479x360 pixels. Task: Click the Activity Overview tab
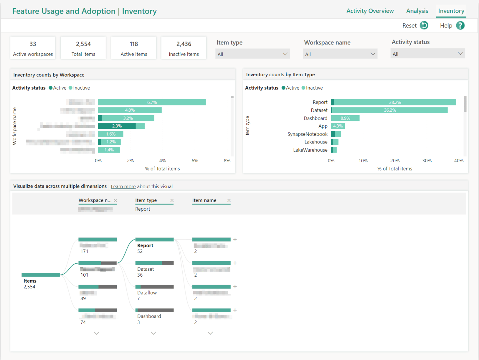pos(370,11)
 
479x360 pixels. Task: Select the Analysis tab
pos(417,11)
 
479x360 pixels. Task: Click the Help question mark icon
pos(460,26)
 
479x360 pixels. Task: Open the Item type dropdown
pos(252,54)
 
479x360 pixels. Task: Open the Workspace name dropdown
pos(340,54)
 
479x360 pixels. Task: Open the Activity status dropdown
pos(427,54)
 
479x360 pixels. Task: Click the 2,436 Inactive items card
pos(184,48)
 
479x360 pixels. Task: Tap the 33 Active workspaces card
pos(33,48)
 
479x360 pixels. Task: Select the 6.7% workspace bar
pos(152,102)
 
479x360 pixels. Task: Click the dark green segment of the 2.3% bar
pos(117,126)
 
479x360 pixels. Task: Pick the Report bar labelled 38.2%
pos(395,102)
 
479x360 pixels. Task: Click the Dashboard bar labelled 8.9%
pos(345,118)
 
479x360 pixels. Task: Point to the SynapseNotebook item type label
pos(307,134)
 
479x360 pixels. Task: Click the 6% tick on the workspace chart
pos(195,161)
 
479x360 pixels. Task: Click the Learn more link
pos(123,187)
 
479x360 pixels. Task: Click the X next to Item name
pos(229,201)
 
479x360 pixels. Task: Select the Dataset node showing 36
pos(154,263)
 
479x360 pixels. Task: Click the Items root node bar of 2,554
pos(41,275)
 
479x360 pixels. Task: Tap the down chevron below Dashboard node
pos(153,333)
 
